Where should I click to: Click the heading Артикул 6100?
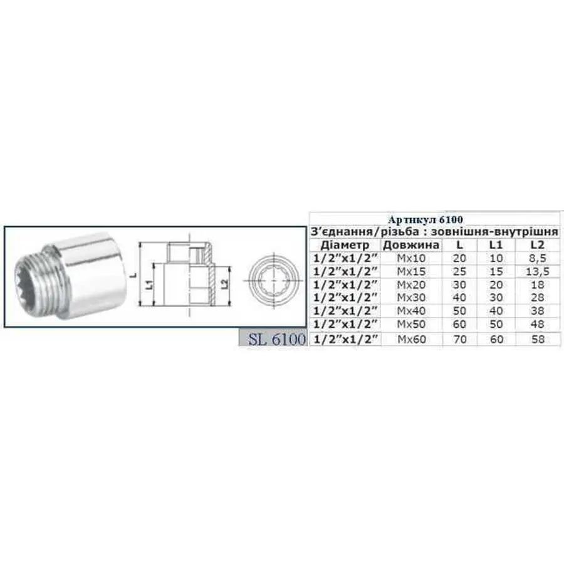click(434, 219)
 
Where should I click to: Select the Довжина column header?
click(411, 245)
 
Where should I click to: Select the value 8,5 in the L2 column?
click(534, 258)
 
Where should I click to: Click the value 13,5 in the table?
click(534, 271)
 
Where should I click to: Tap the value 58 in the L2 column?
click(534, 339)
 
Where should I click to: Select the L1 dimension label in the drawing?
click(148, 285)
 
